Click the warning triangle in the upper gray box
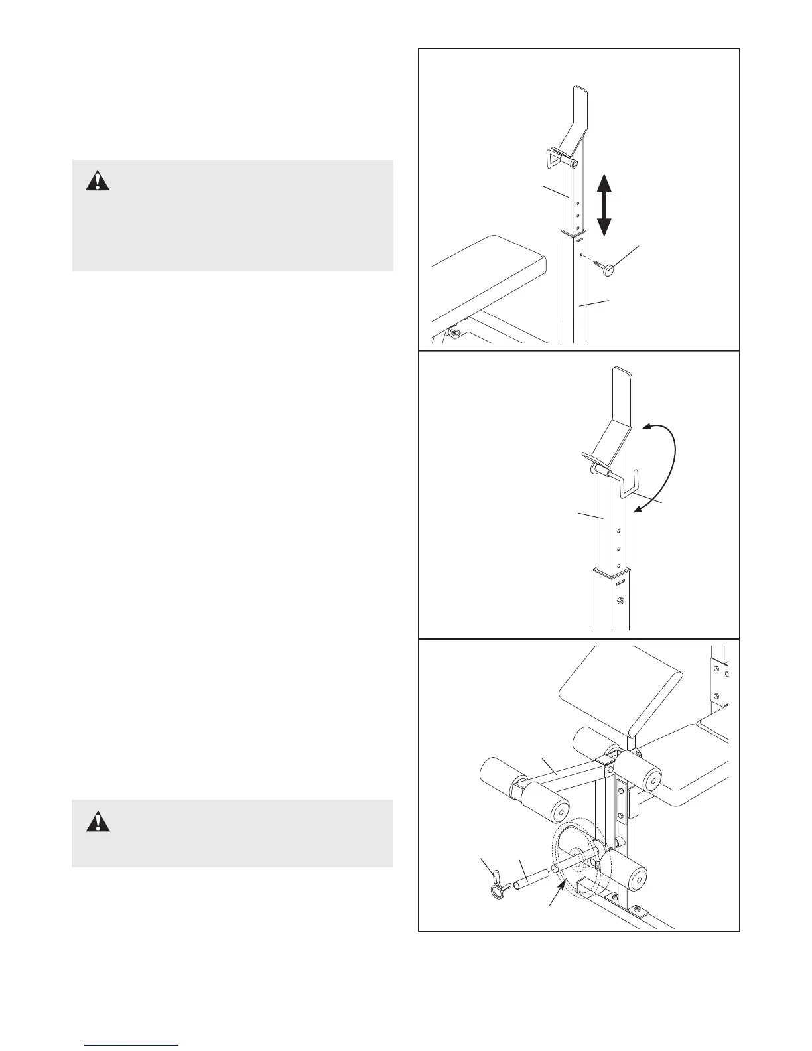point(98,180)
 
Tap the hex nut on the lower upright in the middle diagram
point(619,601)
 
